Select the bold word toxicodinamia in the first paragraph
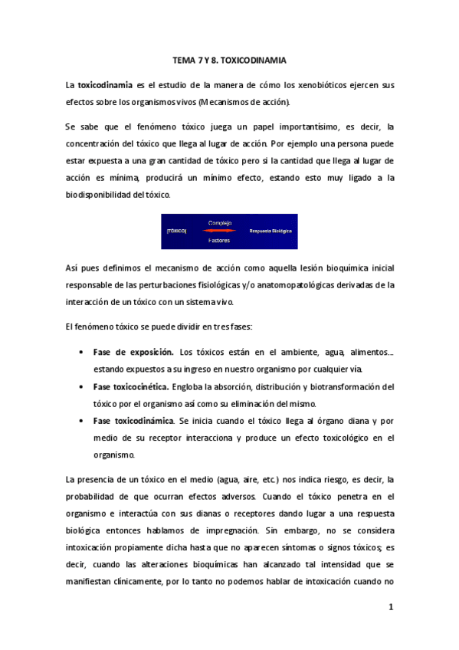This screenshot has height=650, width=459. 107,84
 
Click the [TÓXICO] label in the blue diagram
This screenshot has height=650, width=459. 177,231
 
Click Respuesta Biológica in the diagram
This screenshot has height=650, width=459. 271,231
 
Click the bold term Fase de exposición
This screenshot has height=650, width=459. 133,352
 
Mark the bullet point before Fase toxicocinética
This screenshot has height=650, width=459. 81,386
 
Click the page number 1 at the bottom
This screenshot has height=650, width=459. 391,608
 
